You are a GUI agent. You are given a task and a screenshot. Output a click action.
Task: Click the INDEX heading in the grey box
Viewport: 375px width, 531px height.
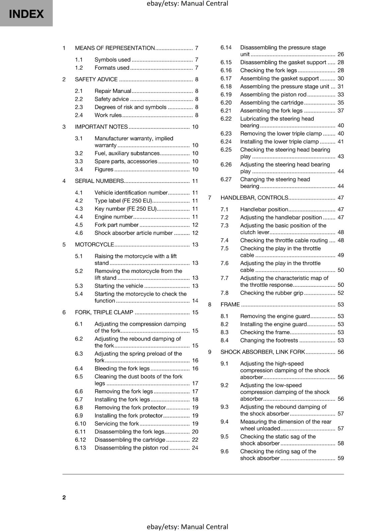click(x=26, y=14)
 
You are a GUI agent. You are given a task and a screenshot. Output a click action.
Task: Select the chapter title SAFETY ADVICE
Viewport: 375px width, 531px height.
click(x=96, y=79)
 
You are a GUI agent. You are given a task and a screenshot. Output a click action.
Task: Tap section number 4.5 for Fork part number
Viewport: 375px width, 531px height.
click(x=79, y=225)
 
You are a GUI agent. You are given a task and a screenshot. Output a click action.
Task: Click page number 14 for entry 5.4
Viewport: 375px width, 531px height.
click(x=195, y=301)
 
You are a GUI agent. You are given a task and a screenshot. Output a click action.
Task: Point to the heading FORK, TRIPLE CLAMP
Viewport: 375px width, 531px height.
click(x=104, y=312)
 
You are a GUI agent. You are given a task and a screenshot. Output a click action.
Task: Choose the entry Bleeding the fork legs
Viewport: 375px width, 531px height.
click(x=122, y=368)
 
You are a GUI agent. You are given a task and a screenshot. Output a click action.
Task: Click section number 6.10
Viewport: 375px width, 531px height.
click(x=80, y=423)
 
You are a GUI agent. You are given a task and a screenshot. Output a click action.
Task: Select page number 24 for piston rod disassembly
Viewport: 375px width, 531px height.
click(x=195, y=448)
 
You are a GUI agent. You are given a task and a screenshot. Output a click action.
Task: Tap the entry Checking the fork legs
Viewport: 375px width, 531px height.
click(x=268, y=70)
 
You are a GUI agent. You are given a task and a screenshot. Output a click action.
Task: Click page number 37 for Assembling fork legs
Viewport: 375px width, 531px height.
click(x=341, y=111)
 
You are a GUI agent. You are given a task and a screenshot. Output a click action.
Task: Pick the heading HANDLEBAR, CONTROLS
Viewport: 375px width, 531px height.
click(x=254, y=198)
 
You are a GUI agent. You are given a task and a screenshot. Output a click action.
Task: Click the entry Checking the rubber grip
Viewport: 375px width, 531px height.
click(x=271, y=293)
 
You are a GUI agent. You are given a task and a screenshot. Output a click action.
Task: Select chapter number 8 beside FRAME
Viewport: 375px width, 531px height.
click(x=210, y=305)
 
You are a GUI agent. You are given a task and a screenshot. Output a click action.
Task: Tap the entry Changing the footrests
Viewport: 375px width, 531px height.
click(x=269, y=341)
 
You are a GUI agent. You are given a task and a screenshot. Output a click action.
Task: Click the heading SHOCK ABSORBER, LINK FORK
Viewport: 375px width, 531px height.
click(x=262, y=352)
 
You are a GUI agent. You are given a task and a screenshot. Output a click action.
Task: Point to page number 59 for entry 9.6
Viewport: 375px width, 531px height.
click(x=341, y=458)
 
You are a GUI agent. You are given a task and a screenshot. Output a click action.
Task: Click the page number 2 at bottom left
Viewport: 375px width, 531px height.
click(x=64, y=497)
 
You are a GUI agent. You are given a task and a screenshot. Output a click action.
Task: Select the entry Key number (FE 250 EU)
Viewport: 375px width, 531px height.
click(x=125, y=209)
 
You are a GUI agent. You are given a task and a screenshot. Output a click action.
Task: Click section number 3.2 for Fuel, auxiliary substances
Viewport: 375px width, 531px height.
click(x=79, y=153)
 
